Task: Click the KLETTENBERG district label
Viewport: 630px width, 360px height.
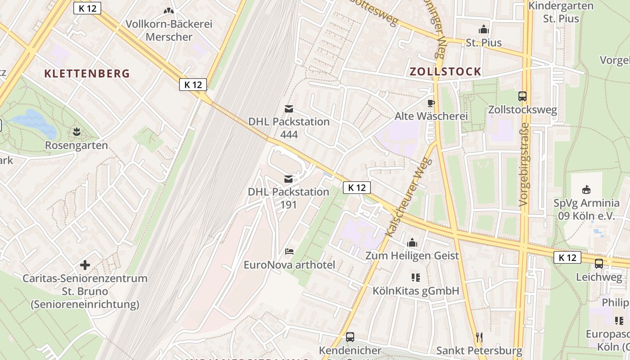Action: (87, 73)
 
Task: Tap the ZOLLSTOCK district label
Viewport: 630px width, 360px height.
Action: (445, 72)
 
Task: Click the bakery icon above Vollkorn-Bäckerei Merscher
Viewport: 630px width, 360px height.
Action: (169, 11)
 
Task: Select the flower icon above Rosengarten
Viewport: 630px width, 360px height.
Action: (76, 132)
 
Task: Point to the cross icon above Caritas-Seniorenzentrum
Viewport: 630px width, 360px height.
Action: (85, 265)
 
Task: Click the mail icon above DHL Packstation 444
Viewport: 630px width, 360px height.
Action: (288, 109)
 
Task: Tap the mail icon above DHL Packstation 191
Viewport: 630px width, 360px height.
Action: (288, 179)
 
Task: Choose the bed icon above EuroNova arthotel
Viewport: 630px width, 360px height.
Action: (289, 251)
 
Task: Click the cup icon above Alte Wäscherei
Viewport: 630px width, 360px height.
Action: (431, 103)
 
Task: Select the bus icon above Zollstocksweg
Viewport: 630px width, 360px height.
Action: (522, 96)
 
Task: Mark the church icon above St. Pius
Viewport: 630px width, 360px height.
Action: (484, 30)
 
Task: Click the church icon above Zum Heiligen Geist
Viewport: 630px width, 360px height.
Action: (412, 243)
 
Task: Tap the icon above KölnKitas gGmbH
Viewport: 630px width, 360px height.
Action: (415, 277)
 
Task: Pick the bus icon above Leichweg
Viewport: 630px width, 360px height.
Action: (599, 264)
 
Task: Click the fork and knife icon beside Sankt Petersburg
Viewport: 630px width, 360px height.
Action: (479, 337)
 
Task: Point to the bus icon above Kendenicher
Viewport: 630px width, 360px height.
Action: (350, 337)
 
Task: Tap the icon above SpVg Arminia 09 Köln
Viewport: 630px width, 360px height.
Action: (586, 189)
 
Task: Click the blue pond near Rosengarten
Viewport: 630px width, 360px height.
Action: (34, 122)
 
